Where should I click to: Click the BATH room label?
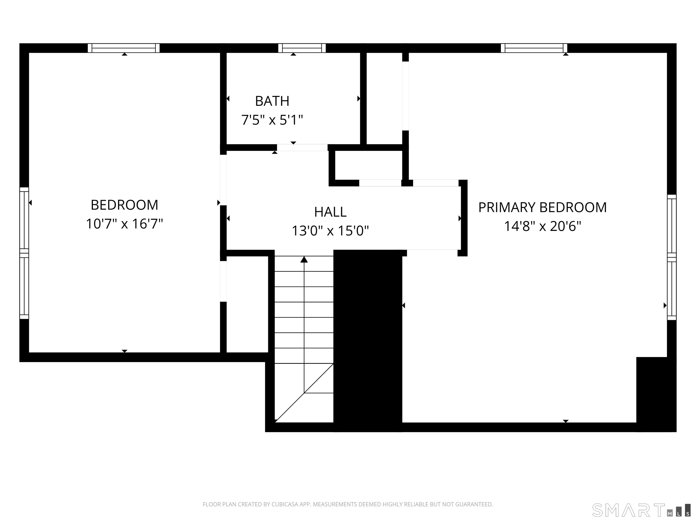click(x=272, y=101)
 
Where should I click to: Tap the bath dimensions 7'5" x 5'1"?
click(x=272, y=120)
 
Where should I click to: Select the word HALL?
click(x=330, y=212)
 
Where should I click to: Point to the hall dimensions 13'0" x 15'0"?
click(x=330, y=231)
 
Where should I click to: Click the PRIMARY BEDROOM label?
click(x=542, y=207)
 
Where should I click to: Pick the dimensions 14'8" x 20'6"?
click(x=542, y=226)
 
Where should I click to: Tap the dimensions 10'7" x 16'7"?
click(x=124, y=224)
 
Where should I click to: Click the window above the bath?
click(x=302, y=48)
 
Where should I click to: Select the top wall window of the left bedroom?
click(x=124, y=48)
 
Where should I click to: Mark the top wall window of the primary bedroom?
click(x=534, y=48)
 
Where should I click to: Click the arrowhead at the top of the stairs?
click(x=304, y=260)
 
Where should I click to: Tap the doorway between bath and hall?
click(x=302, y=147)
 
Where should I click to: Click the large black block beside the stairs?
click(x=367, y=340)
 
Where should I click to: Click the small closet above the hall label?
click(x=368, y=165)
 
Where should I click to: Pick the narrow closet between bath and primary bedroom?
click(x=384, y=98)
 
